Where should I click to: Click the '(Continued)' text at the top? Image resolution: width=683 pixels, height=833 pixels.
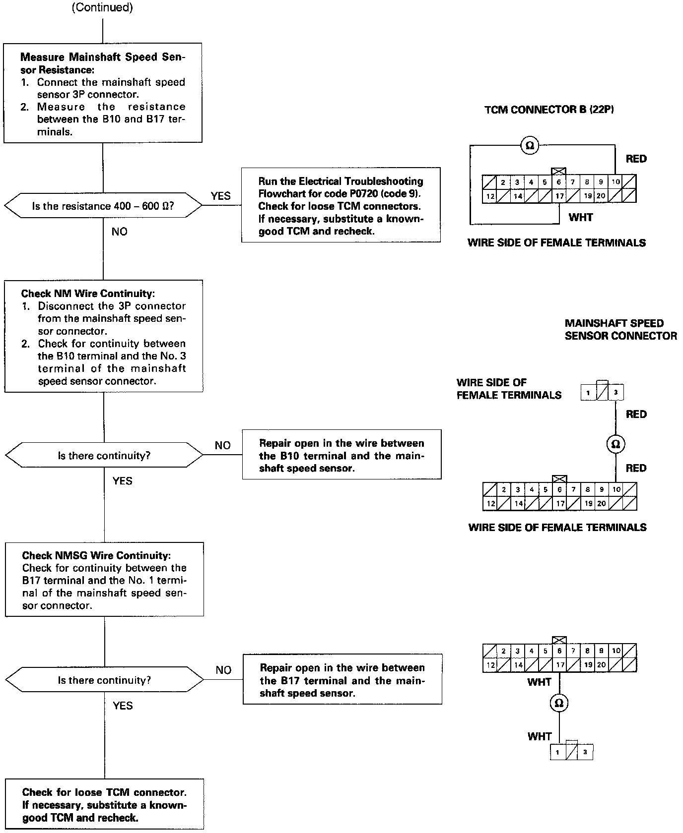tap(102, 8)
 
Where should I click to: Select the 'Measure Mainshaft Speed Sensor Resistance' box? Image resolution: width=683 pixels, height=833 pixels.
tap(103, 93)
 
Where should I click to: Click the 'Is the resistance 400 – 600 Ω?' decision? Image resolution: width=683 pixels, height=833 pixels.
tap(103, 206)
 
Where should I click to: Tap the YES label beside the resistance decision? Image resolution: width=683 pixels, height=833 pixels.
tap(220, 196)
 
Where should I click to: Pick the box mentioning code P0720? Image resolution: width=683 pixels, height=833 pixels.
tap(341, 205)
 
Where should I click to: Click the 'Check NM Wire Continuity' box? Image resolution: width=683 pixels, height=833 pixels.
tap(104, 336)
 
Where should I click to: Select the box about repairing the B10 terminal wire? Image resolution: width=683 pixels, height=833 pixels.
tap(341, 455)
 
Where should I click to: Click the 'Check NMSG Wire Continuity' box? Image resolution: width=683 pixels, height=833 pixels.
tap(104, 579)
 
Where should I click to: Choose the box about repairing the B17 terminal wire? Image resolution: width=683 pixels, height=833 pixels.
tap(342, 679)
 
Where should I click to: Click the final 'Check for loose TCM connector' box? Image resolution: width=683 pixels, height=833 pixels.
tap(104, 805)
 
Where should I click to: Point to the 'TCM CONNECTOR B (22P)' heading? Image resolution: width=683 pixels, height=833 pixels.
tap(549, 110)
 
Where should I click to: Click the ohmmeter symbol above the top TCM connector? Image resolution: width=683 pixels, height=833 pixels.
tap(530, 145)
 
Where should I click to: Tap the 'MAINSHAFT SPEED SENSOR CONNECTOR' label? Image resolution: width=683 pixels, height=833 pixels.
tap(620, 330)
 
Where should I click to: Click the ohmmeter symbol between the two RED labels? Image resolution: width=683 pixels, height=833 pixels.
tap(615, 444)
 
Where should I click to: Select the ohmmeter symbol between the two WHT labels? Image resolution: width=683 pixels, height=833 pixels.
tap(559, 703)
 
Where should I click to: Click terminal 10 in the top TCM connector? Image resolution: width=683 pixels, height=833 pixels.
tap(615, 182)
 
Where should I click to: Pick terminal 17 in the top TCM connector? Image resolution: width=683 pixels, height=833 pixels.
tap(559, 196)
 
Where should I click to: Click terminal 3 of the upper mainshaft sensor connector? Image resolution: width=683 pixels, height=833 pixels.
tap(616, 393)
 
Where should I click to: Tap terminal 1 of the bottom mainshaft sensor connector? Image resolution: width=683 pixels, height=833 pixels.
tap(557, 753)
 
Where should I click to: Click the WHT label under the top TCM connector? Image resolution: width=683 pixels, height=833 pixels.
tap(581, 217)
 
